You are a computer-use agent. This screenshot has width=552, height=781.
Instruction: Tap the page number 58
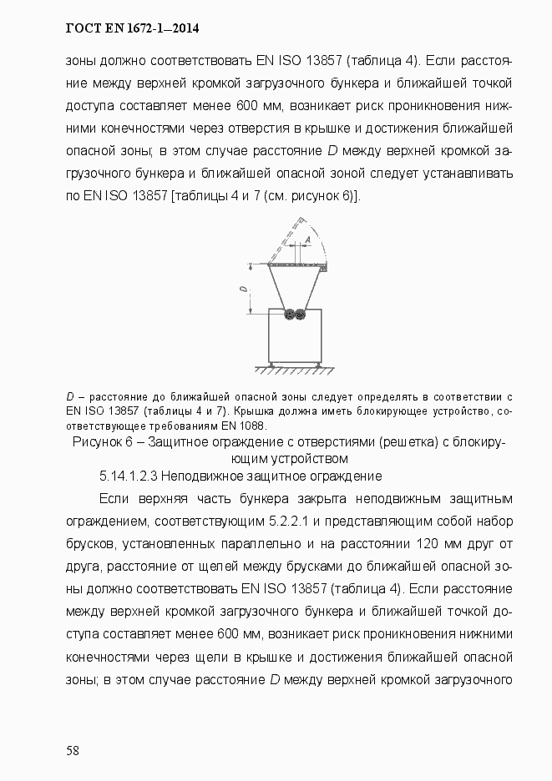73,750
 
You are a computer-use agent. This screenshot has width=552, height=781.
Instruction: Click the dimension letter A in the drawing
307,239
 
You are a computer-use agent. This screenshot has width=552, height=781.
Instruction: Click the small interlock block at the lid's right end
324,269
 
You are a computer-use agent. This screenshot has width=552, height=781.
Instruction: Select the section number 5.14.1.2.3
128,476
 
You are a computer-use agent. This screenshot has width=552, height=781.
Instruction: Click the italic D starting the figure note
70,396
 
